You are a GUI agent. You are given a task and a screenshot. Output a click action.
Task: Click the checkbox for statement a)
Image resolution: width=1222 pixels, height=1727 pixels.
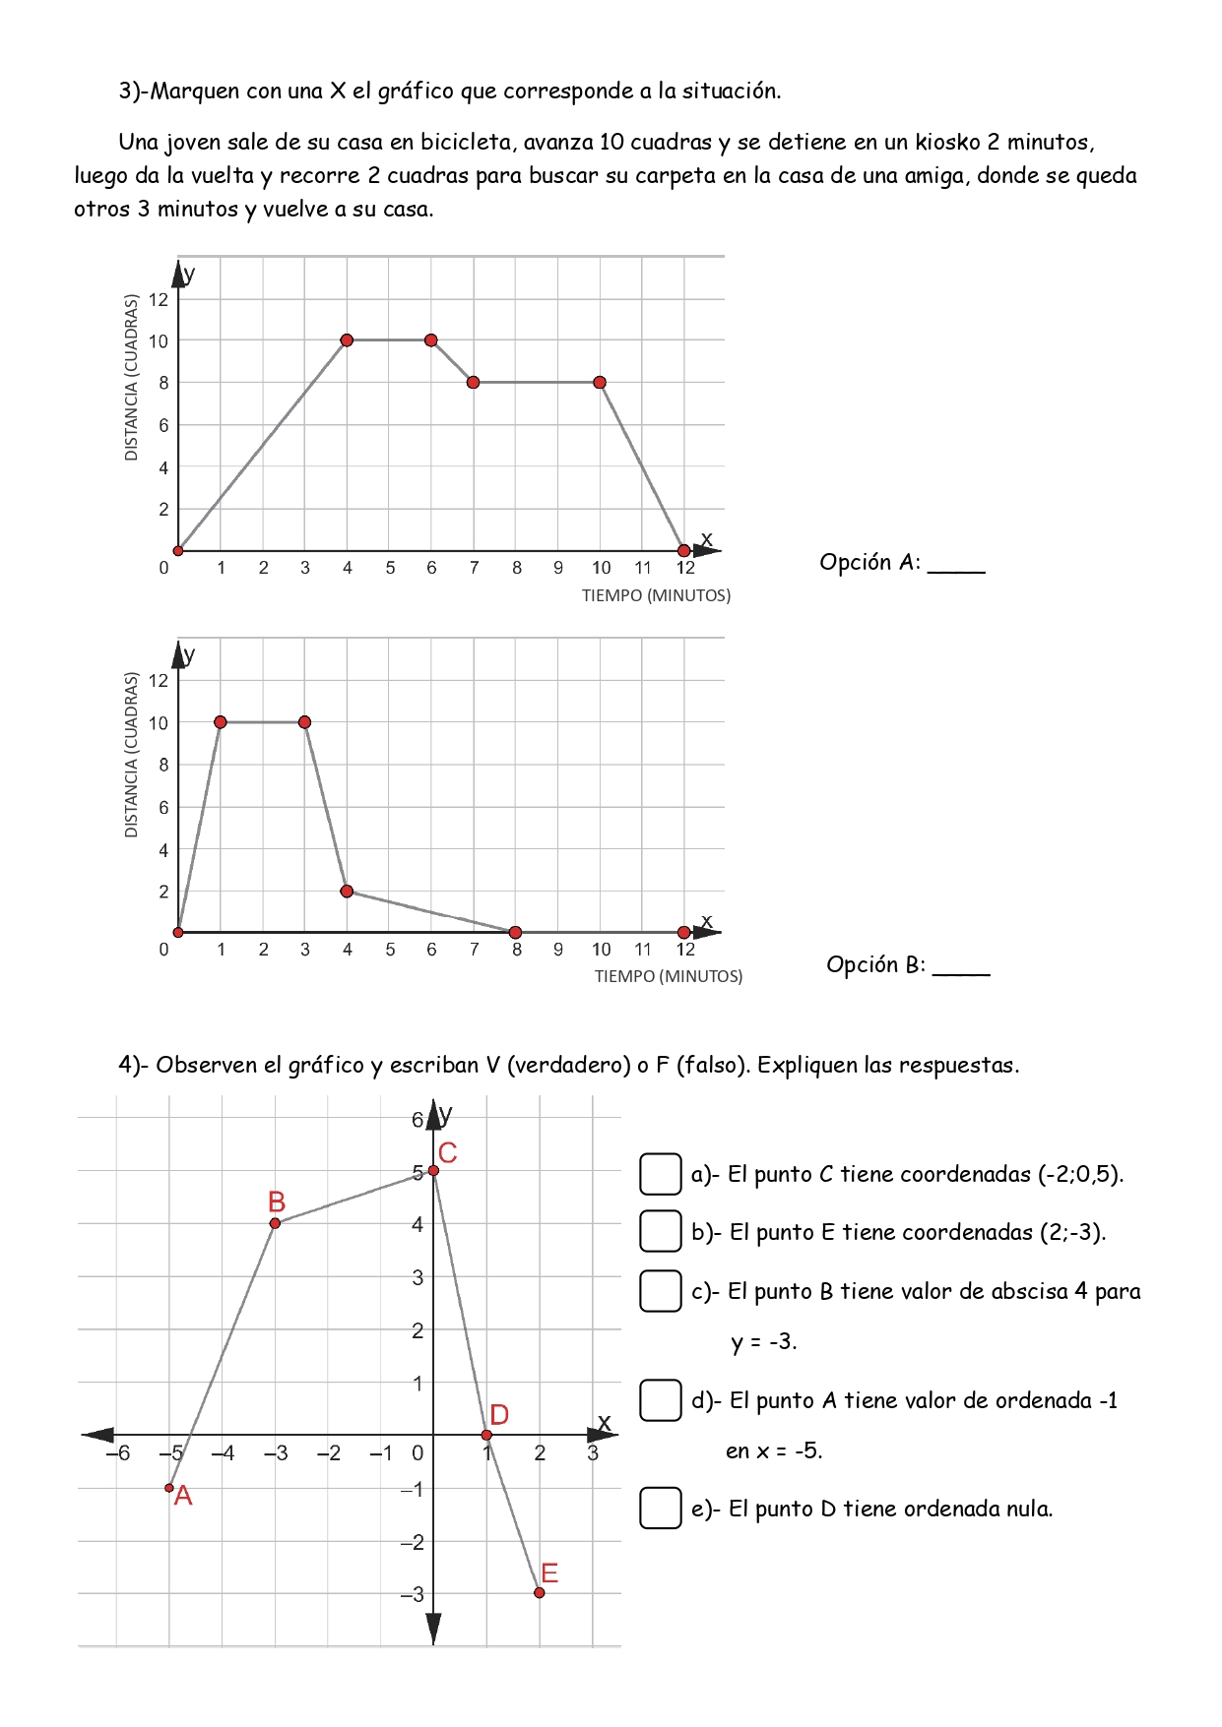(661, 1173)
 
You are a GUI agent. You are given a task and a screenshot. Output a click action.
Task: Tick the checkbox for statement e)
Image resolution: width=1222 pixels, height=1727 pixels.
(661, 1508)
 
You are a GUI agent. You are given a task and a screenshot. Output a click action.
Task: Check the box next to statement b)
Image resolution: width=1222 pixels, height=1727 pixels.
(661, 1231)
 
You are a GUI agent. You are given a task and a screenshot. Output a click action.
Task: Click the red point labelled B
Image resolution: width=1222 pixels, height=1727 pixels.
(275, 1223)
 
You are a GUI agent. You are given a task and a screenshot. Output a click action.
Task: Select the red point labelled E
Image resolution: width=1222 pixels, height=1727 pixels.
(540, 1592)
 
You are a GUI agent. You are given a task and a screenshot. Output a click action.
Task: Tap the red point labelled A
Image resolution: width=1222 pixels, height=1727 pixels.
(169, 1488)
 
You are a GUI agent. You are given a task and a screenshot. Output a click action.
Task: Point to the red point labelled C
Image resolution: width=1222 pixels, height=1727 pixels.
(433, 1170)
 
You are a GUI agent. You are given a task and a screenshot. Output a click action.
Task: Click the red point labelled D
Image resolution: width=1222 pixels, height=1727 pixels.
(486, 1435)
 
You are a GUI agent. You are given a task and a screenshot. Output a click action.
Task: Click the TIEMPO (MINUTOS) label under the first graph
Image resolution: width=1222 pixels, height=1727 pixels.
(656, 595)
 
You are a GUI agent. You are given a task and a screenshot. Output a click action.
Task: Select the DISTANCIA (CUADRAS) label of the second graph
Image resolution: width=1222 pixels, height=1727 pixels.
(131, 755)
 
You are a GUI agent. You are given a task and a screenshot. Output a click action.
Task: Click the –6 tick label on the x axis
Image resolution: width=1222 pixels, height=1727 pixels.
(118, 1453)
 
